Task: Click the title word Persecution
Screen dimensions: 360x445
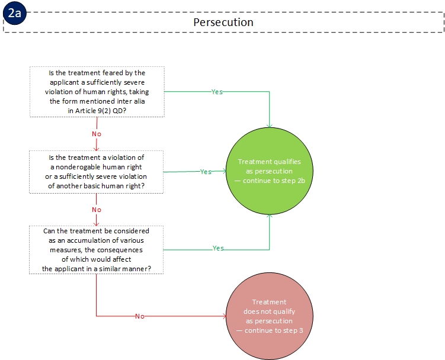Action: tap(223, 22)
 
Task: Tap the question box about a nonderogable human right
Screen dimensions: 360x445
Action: tap(97, 172)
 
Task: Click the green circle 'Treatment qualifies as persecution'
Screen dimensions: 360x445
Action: tap(270, 171)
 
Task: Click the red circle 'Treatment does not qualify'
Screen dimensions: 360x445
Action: tap(270, 316)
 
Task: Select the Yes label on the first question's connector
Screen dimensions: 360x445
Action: tap(217, 92)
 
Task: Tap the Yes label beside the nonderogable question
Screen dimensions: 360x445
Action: tap(206, 172)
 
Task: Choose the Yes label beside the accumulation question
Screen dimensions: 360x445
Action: tap(218, 248)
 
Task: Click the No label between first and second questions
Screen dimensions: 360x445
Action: tap(97, 134)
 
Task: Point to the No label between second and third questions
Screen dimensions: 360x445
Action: tap(97, 210)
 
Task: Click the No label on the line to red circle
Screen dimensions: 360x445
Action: tap(140, 316)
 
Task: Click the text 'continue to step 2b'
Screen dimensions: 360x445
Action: tap(274, 181)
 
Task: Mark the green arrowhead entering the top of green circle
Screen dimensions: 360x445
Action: tap(270, 126)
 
